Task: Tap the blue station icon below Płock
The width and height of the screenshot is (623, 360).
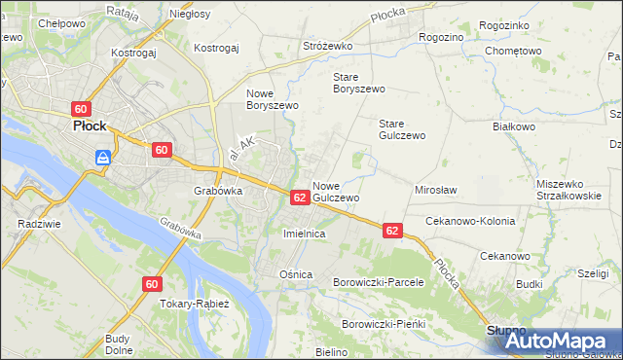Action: (x=103, y=157)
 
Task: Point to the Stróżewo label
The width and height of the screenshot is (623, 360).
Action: (x=327, y=45)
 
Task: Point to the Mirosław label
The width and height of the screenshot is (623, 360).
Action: (x=436, y=190)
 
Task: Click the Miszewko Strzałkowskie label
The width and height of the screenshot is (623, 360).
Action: (x=572, y=189)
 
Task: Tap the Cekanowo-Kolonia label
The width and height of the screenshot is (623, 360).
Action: (x=470, y=221)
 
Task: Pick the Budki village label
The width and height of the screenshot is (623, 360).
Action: (x=530, y=284)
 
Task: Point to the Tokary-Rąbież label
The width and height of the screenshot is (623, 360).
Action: (x=195, y=304)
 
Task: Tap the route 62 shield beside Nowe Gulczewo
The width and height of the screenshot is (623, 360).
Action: (x=300, y=198)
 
